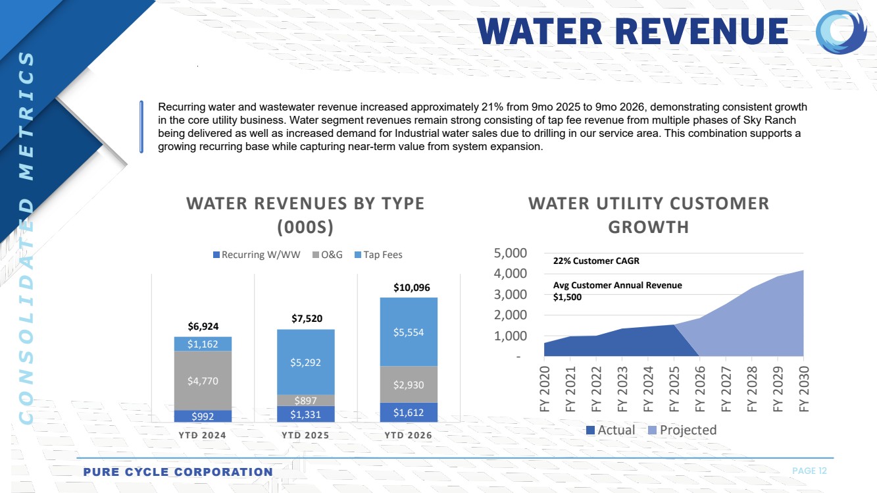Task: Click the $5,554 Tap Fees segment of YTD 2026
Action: click(x=409, y=332)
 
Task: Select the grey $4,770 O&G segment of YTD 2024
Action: click(x=203, y=380)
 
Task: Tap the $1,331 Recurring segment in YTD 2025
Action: click(x=306, y=414)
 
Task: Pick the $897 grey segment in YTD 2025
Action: click(x=306, y=400)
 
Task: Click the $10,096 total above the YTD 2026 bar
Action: click(x=411, y=288)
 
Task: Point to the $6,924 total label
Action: click(x=203, y=326)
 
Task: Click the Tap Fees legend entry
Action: click(x=378, y=255)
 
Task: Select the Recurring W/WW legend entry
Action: click(x=257, y=255)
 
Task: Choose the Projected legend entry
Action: click(x=682, y=430)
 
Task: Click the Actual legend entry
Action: click(x=611, y=430)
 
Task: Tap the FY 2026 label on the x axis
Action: click(x=699, y=389)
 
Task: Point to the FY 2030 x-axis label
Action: click(x=803, y=389)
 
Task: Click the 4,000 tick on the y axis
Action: click(x=510, y=273)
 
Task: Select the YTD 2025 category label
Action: click(x=305, y=436)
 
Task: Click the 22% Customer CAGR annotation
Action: click(x=596, y=261)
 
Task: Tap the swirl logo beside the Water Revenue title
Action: click(x=841, y=32)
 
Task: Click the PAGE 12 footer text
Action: click(x=809, y=471)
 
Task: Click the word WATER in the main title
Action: click(x=539, y=32)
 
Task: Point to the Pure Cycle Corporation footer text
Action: click(x=178, y=472)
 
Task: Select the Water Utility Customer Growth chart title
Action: click(x=649, y=215)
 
